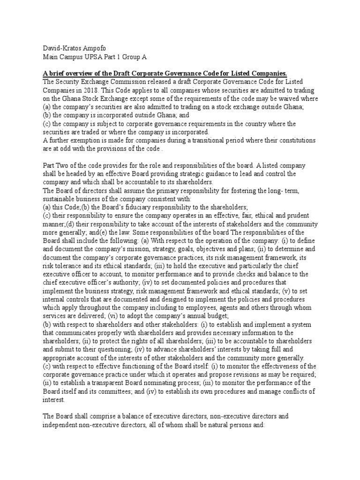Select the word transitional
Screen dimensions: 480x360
185,141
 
